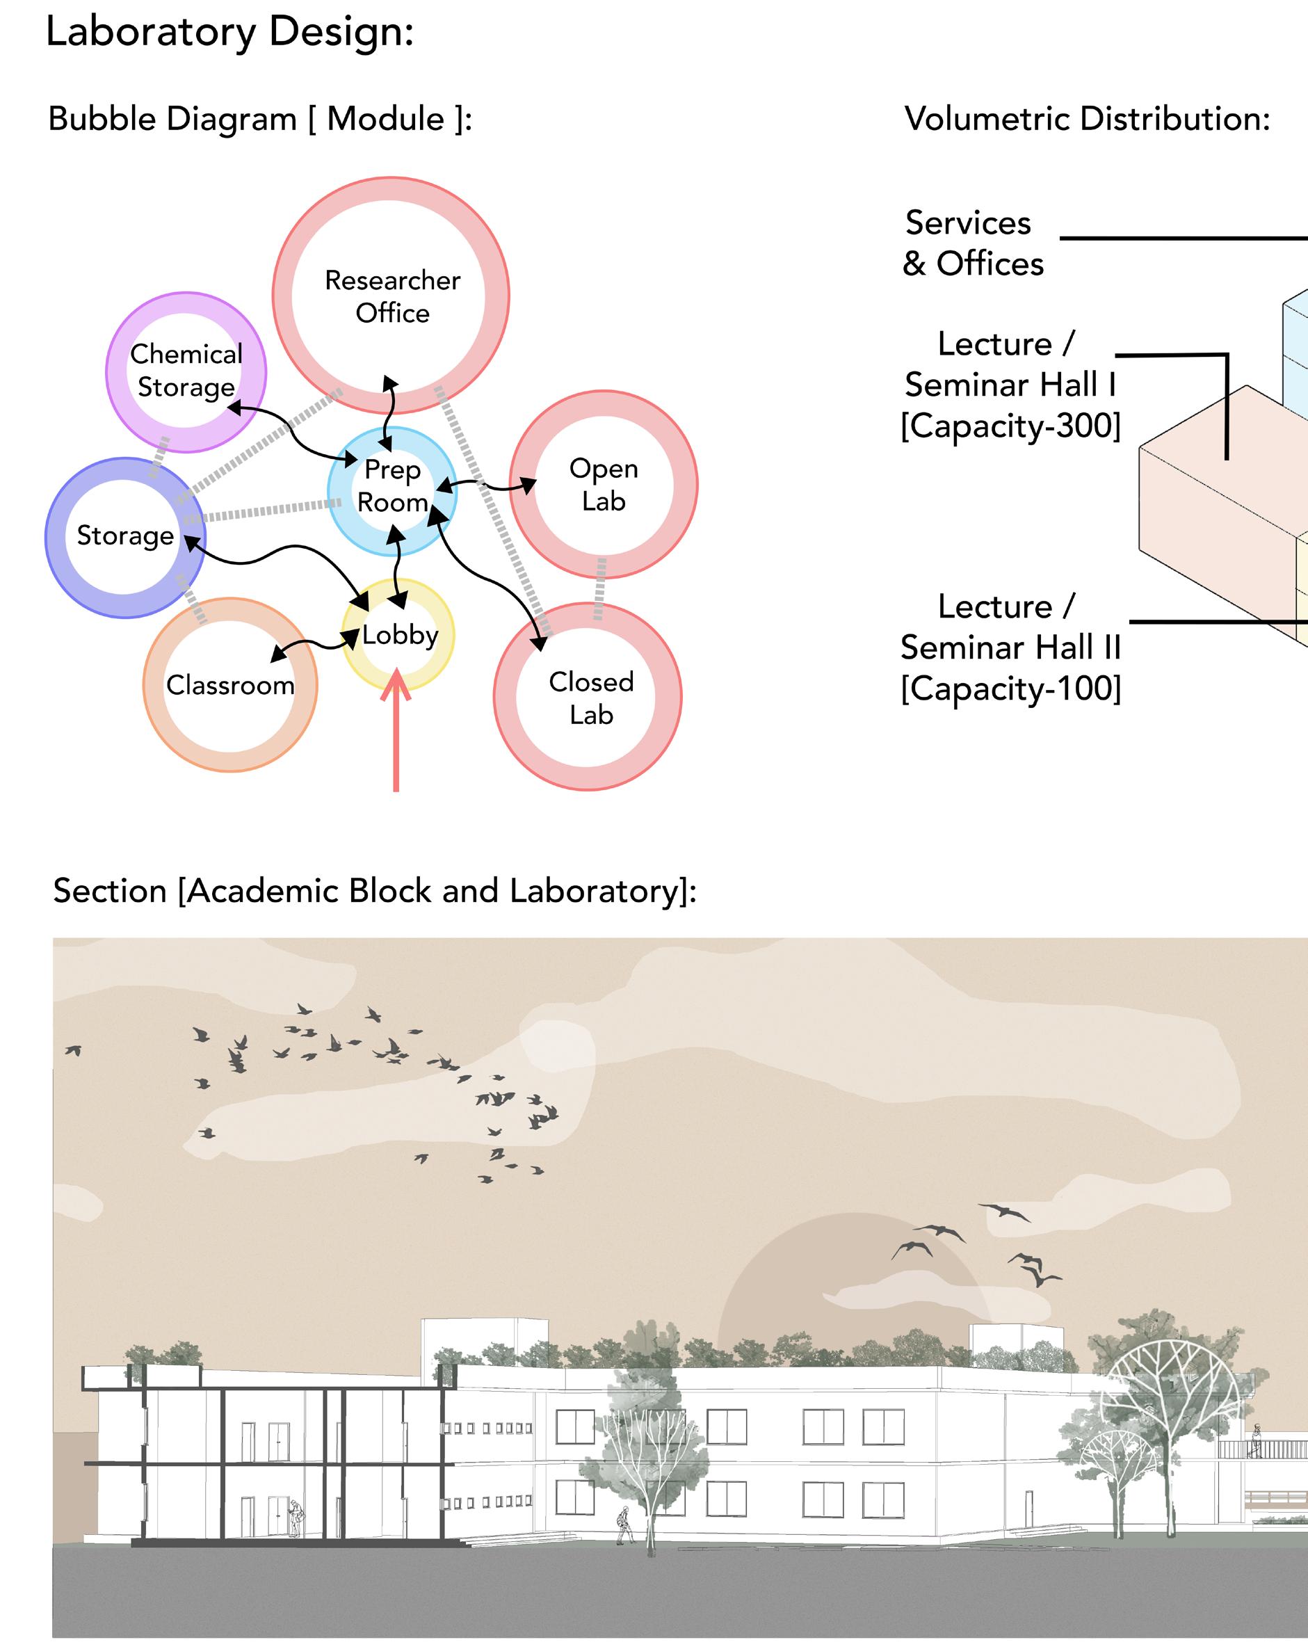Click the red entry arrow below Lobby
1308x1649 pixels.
point(396,730)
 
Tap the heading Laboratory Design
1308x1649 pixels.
point(229,32)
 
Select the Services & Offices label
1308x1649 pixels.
point(972,243)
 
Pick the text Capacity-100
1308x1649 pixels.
point(1010,689)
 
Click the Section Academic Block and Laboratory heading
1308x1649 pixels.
point(375,891)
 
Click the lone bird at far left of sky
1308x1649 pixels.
point(74,1050)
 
